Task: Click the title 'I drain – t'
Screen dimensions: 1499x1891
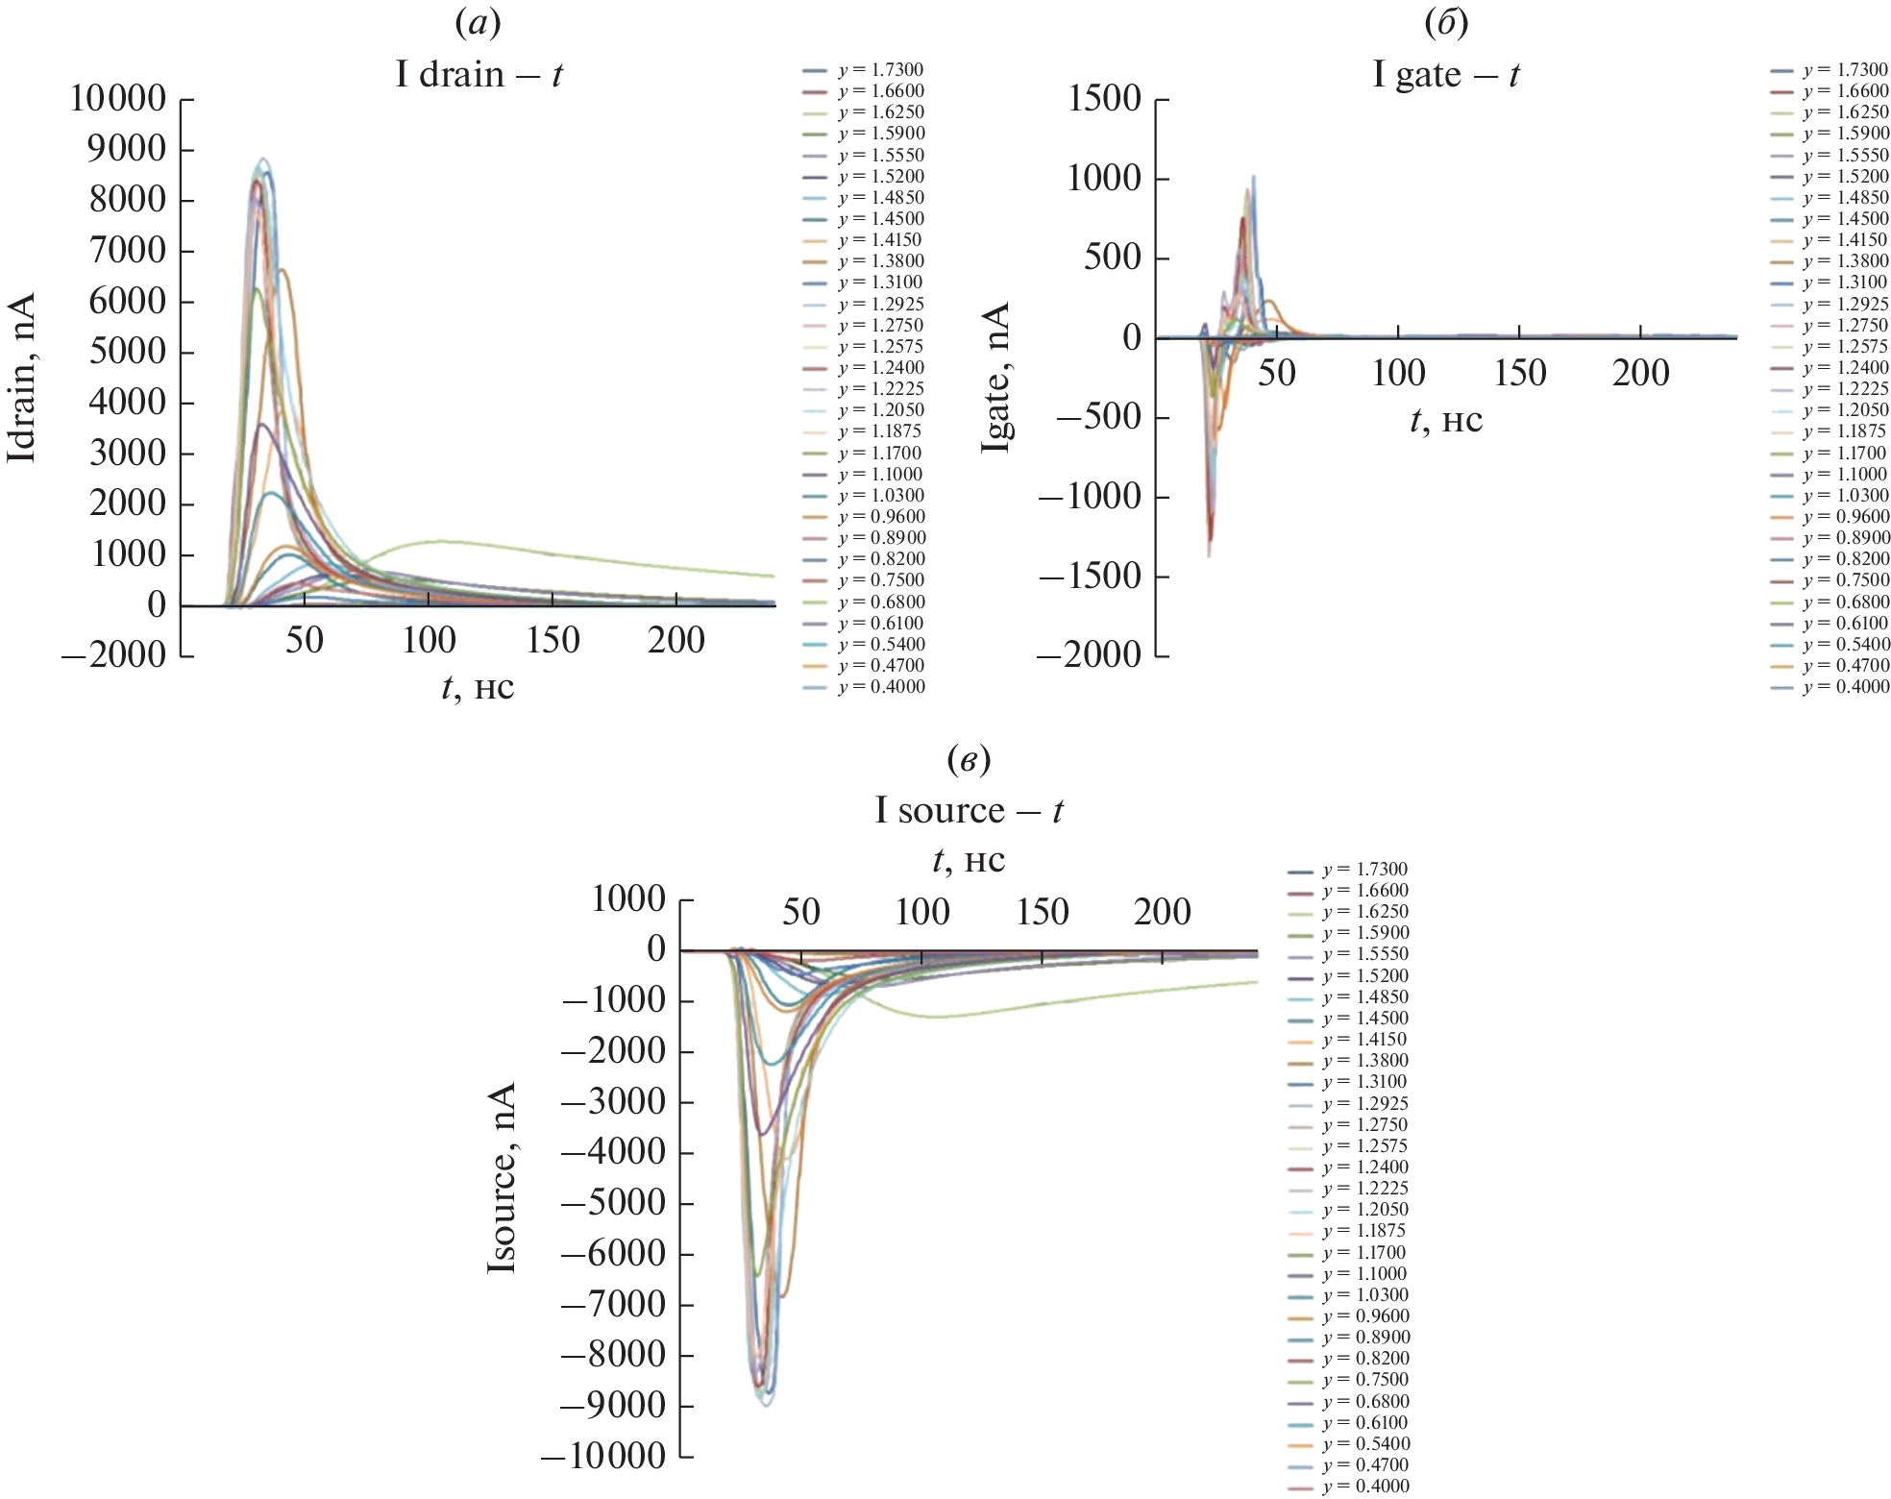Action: (x=479, y=74)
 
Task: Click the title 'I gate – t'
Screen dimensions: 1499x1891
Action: (x=1445, y=74)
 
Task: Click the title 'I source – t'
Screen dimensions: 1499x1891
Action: (x=969, y=810)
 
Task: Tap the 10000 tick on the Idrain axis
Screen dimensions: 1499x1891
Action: (x=117, y=98)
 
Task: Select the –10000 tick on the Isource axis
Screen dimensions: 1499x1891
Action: (x=602, y=1456)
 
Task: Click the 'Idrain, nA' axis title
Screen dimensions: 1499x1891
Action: (x=21, y=378)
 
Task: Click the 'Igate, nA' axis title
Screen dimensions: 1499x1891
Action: (x=996, y=378)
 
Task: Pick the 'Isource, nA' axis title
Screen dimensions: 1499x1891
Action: (x=502, y=1178)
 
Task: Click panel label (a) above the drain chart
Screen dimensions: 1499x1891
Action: (x=479, y=22)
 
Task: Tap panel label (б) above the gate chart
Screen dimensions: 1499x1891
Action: (x=1446, y=22)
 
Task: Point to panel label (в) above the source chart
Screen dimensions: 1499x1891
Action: (x=969, y=760)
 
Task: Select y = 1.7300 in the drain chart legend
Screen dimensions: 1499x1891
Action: (x=880, y=70)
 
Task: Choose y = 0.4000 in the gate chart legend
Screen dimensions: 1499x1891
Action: (x=1846, y=687)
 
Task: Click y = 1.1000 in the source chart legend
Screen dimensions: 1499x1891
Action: (x=1363, y=1274)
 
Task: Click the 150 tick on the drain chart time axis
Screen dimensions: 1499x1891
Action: (x=553, y=640)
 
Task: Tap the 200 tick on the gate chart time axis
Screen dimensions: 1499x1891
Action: (x=1640, y=373)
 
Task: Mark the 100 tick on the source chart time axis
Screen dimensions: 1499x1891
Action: (x=921, y=911)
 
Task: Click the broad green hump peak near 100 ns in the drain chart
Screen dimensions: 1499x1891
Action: (x=440, y=541)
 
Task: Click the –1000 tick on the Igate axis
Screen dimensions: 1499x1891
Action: (x=1090, y=497)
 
